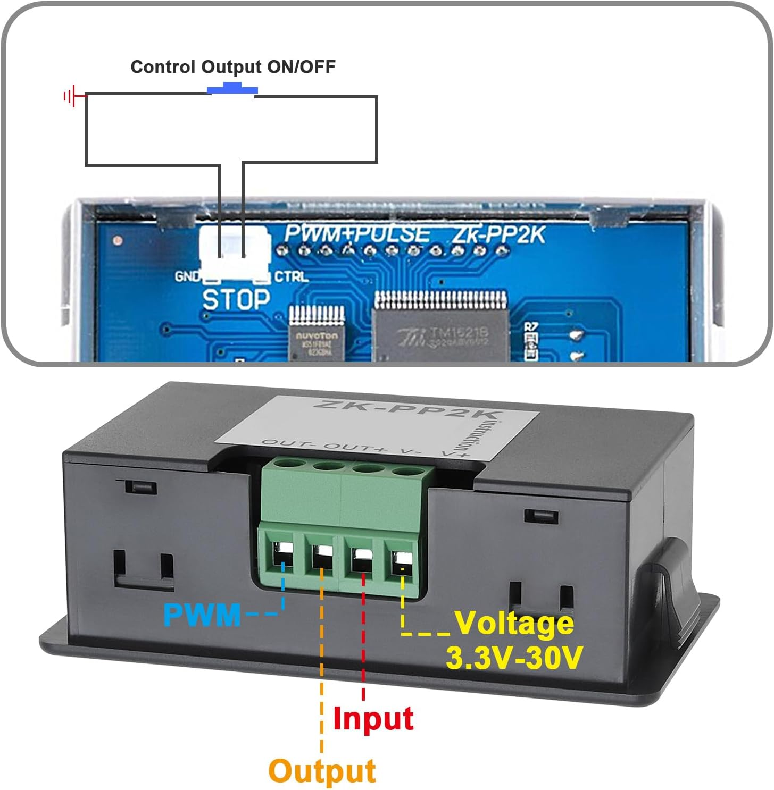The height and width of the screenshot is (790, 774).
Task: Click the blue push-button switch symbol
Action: tap(232, 88)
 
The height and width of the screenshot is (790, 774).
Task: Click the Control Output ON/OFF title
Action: tap(233, 67)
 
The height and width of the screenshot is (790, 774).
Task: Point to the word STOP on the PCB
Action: tap(236, 300)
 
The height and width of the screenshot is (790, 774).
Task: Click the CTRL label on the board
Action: tap(291, 277)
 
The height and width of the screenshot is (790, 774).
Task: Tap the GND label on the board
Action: tap(187, 277)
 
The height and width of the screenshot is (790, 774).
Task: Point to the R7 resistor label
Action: tap(531, 327)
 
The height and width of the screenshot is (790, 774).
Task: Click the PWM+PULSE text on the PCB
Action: tap(357, 234)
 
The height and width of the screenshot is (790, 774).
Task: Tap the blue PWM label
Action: tap(202, 615)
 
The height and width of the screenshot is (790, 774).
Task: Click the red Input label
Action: tap(373, 719)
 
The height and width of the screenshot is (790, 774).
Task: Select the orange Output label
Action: tap(322, 771)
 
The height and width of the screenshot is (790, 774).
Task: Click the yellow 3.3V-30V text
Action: tap(514, 658)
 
